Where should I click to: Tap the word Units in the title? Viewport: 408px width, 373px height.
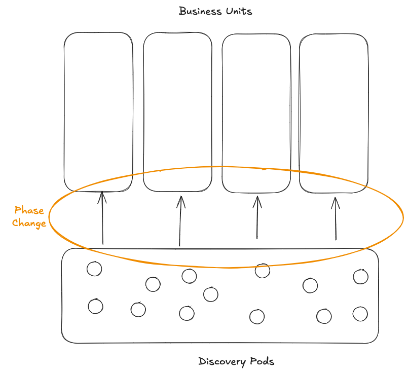[x=239, y=11]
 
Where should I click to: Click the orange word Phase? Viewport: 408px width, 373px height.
[x=29, y=210]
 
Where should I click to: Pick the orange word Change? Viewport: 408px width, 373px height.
[x=29, y=223]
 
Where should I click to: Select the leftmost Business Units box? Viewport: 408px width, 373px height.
[x=99, y=111]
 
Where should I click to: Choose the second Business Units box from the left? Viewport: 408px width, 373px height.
[x=177, y=111]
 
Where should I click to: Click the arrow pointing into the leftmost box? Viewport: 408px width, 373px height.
[x=102, y=218]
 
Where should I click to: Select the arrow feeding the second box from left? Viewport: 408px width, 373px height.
[x=180, y=221]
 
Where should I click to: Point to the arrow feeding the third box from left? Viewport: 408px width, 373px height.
[x=257, y=218]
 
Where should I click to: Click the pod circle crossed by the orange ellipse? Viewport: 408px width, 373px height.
[x=262, y=271]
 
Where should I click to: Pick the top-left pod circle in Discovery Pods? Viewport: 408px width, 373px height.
[x=94, y=269]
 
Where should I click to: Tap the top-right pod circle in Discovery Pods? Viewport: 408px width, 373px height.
[x=360, y=277]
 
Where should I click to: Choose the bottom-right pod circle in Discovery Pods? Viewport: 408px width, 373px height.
[x=360, y=314]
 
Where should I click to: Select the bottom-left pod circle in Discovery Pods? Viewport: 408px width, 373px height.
[x=95, y=307]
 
